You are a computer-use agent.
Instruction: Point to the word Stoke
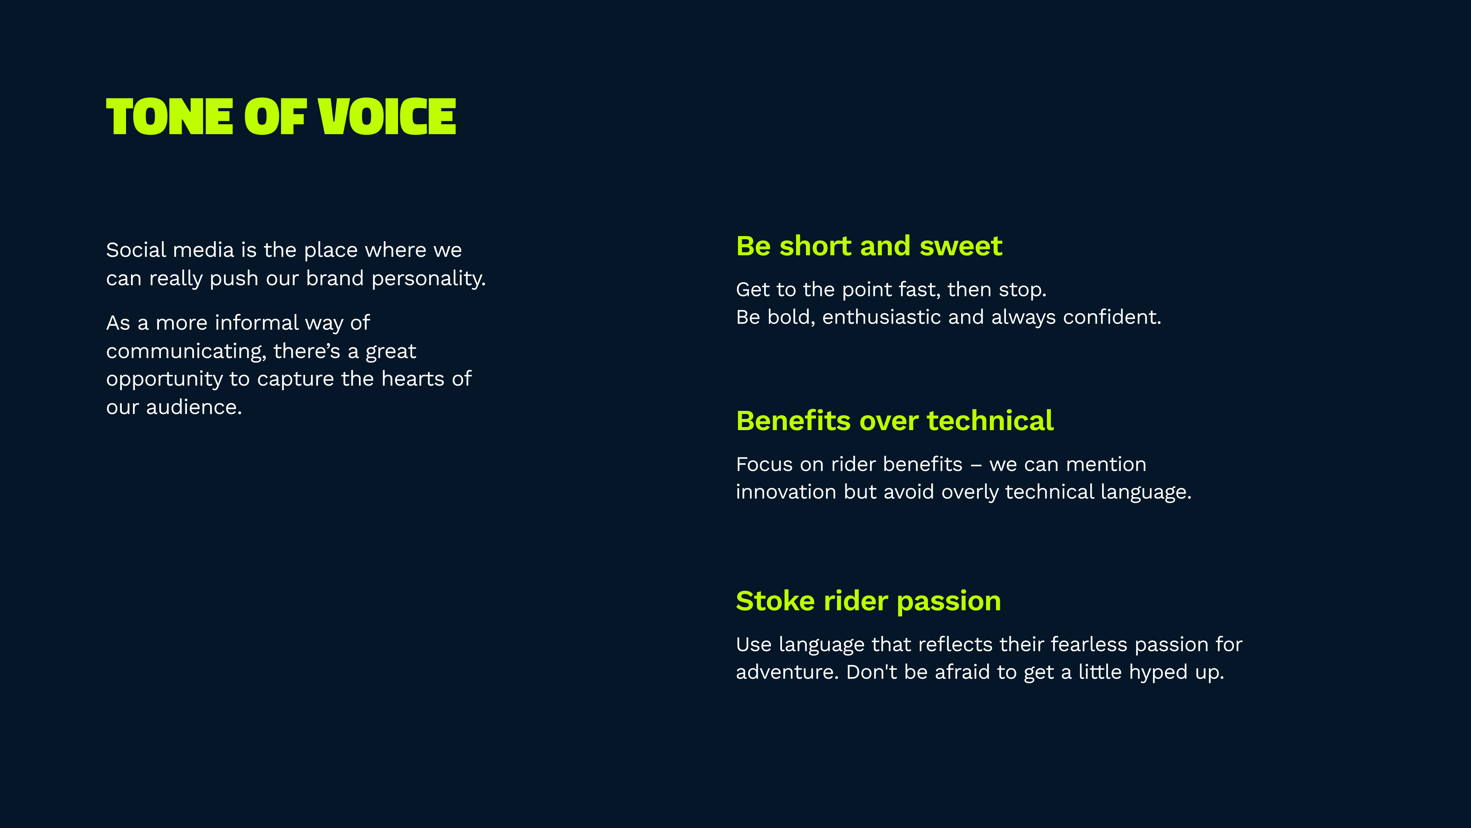click(x=775, y=601)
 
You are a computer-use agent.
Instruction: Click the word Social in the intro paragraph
click(x=136, y=250)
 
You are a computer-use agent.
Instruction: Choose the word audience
click(x=194, y=407)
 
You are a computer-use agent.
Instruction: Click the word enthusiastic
click(x=881, y=317)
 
